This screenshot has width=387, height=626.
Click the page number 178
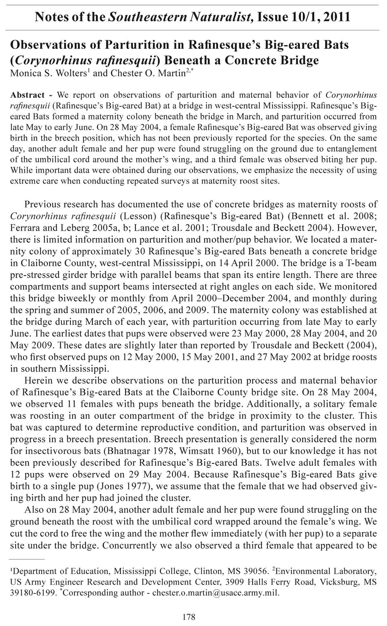pos(189,617)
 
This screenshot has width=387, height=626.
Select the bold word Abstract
pos(27,95)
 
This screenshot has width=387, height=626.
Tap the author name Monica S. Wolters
pos(50,73)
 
